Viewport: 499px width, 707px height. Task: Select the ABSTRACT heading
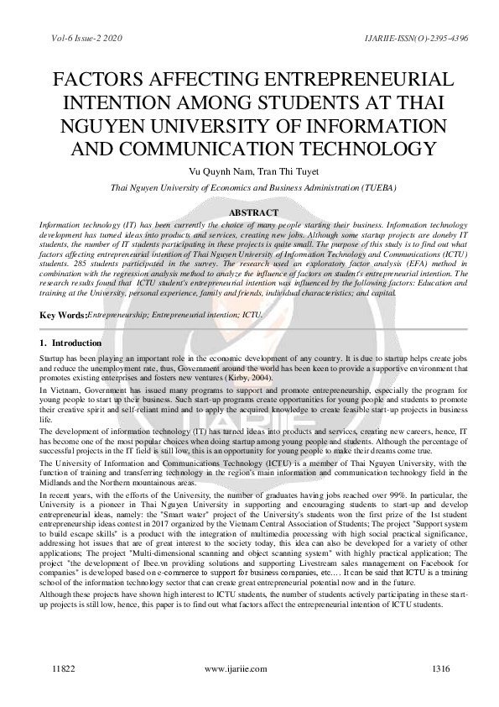tap(251, 214)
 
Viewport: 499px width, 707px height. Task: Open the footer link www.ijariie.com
tap(236, 668)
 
